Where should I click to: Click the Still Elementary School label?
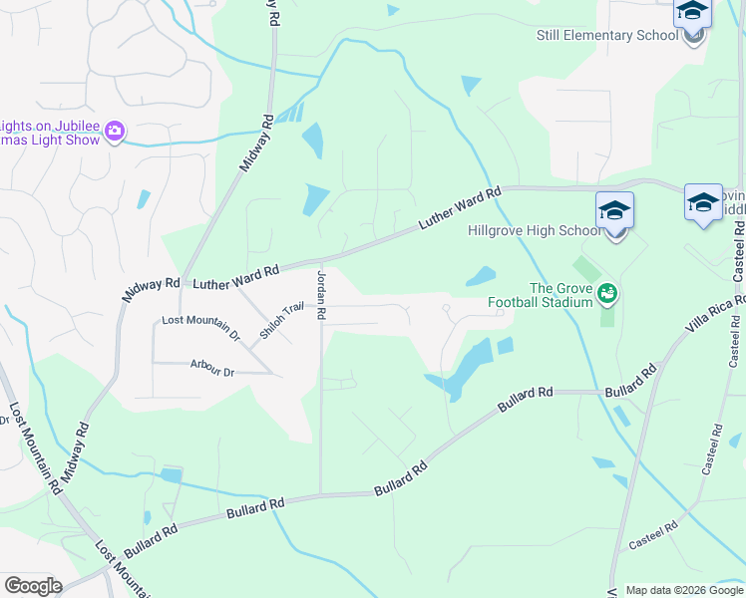[607, 36]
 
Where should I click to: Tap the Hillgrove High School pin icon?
[615, 211]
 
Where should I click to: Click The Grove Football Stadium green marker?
[606, 293]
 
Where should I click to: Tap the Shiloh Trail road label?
[281, 320]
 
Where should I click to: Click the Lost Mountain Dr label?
[201, 328]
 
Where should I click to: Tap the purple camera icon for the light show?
[115, 131]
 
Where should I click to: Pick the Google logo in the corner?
[33, 586]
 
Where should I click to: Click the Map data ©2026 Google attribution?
[685, 590]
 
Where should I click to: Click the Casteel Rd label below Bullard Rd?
[653, 535]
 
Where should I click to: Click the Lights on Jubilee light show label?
[50, 133]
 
